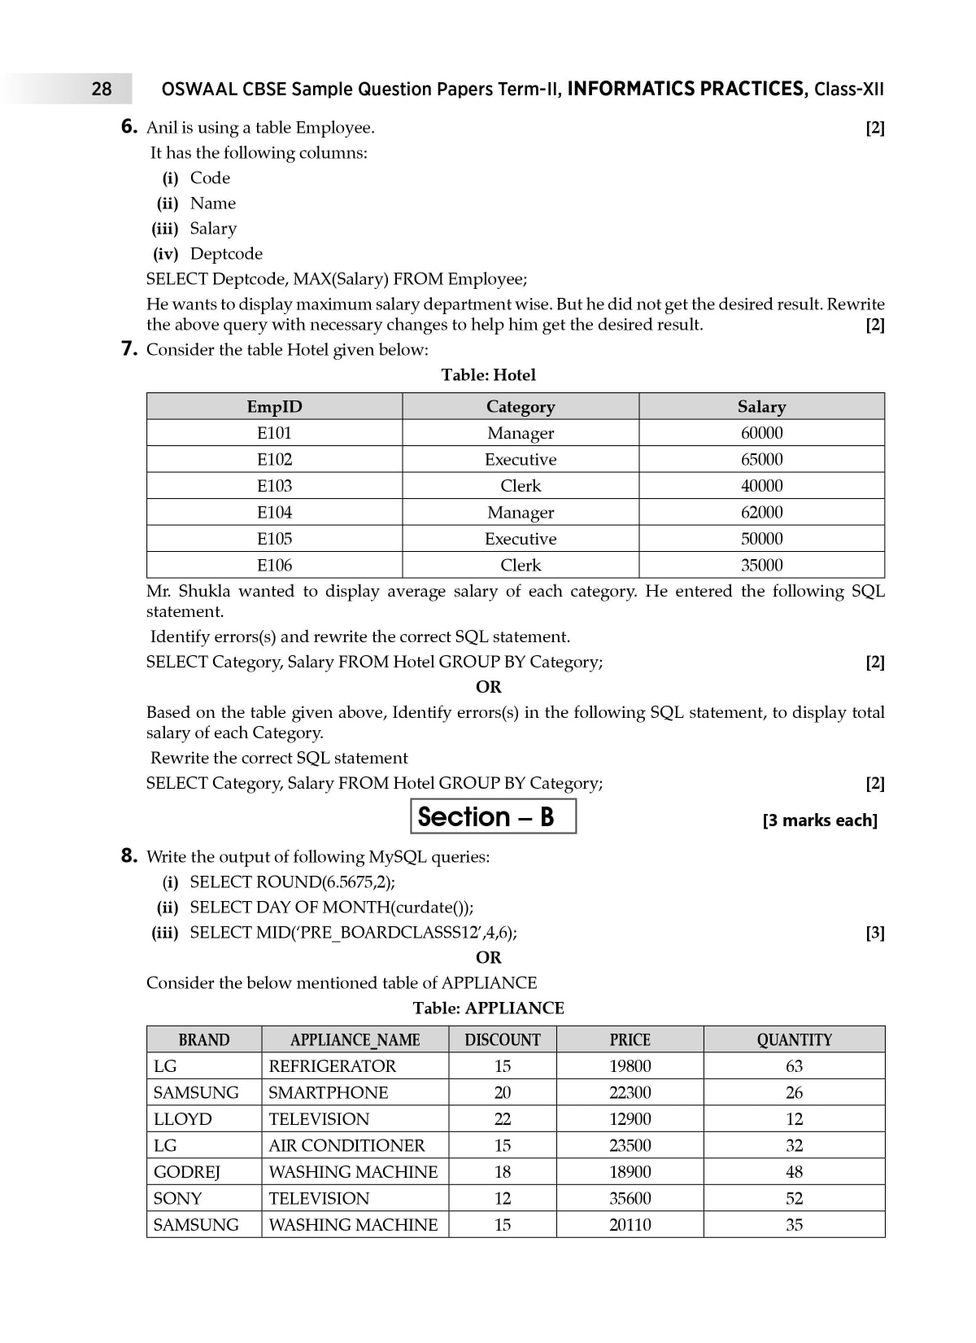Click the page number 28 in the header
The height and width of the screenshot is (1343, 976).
click(102, 89)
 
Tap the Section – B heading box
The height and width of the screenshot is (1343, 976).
click(493, 816)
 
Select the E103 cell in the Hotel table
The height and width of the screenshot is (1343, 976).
click(274, 486)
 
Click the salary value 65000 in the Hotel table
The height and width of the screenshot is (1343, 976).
click(761, 459)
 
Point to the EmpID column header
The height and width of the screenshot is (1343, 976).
click(274, 407)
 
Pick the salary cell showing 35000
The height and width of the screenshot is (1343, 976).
click(761, 565)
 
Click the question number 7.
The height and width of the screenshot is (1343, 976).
click(129, 349)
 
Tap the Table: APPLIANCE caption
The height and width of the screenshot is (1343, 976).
click(488, 1008)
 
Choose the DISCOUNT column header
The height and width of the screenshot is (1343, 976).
click(502, 1040)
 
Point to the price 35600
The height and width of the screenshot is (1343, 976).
click(630, 1198)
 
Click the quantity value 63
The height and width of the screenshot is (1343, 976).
click(794, 1066)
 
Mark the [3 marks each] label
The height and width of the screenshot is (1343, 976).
click(820, 820)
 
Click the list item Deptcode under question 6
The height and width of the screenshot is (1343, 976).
click(226, 254)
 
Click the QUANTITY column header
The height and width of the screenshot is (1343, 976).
click(794, 1040)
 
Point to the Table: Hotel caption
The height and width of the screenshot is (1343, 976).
click(488, 375)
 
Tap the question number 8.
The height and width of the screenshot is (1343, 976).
click(129, 856)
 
